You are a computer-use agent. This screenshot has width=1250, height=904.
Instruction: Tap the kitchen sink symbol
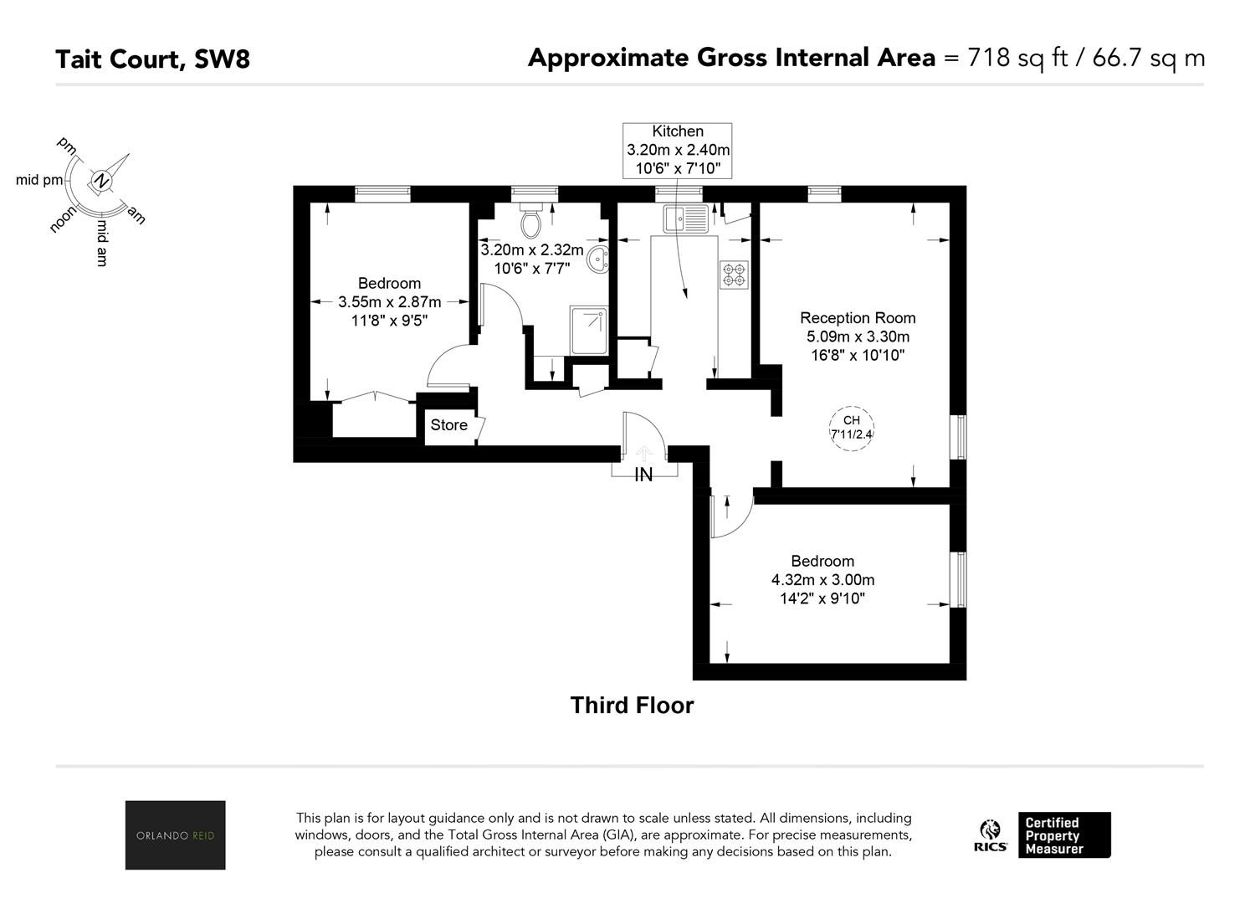point(686,218)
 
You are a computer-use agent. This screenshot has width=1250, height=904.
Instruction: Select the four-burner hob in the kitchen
point(734,275)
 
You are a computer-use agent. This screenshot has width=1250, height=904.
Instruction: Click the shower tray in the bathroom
point(588,330)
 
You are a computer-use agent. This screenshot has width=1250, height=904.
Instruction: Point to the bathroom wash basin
point(599,259)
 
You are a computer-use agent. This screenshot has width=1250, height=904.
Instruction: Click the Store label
point(448,425)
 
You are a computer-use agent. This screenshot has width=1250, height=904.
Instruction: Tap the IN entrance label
point(643,475)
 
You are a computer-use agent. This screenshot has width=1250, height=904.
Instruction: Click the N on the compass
point(101,180)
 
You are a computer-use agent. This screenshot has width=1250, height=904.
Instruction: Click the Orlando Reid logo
point(175,835)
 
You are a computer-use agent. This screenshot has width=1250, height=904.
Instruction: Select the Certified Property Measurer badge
point(1064,835)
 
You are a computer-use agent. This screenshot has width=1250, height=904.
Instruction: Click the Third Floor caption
point(632,706)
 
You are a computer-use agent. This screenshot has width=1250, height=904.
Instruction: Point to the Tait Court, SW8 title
point(153,59)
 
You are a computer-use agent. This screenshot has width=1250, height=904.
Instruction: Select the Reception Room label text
point(858,318)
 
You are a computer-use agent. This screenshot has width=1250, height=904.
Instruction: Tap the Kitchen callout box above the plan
point(678,151)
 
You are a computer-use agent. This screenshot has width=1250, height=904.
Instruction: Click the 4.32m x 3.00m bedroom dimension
point(822,579)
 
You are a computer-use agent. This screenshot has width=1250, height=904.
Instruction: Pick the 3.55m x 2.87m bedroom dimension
point(390,302)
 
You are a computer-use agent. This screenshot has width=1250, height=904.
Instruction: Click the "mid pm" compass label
point(39,180)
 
